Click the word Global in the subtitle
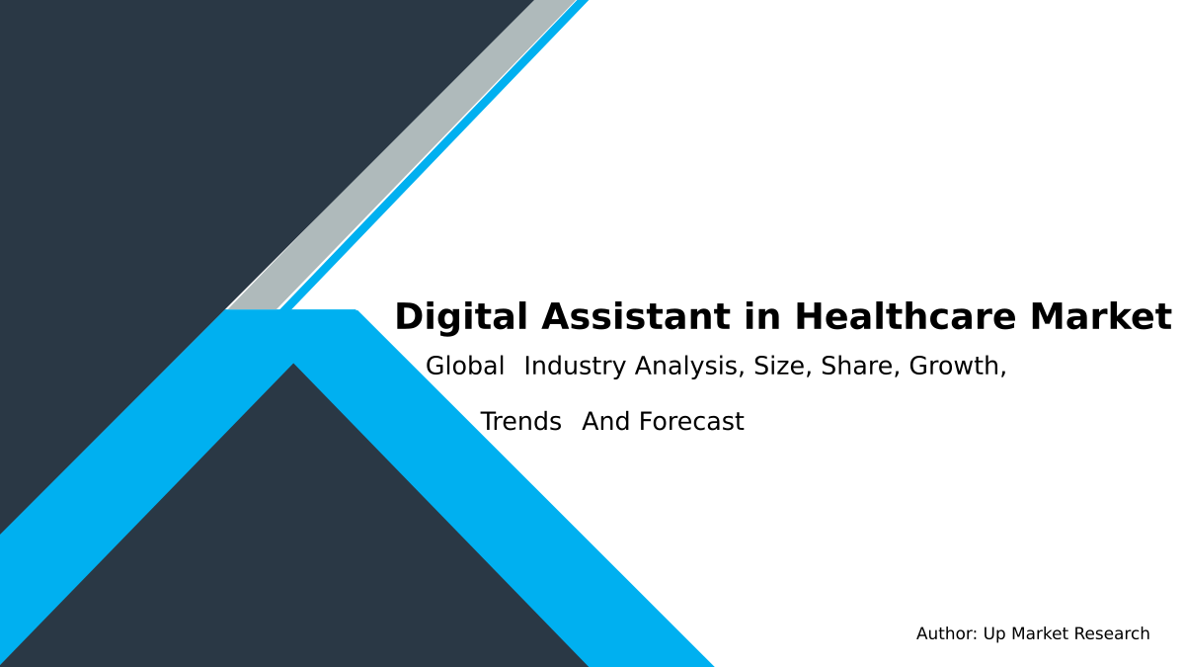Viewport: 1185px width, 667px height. [x=465, y=367]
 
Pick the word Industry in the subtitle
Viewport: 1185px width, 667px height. [x=576, y=367]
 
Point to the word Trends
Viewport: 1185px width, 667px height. [x=520, y=422]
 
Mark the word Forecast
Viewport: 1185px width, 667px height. [x=691, y=422]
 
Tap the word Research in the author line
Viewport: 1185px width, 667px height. [x=1112, y=634]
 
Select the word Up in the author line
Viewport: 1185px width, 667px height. [x=993, y=634]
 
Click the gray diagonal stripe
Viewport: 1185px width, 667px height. [x=395, y=158]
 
